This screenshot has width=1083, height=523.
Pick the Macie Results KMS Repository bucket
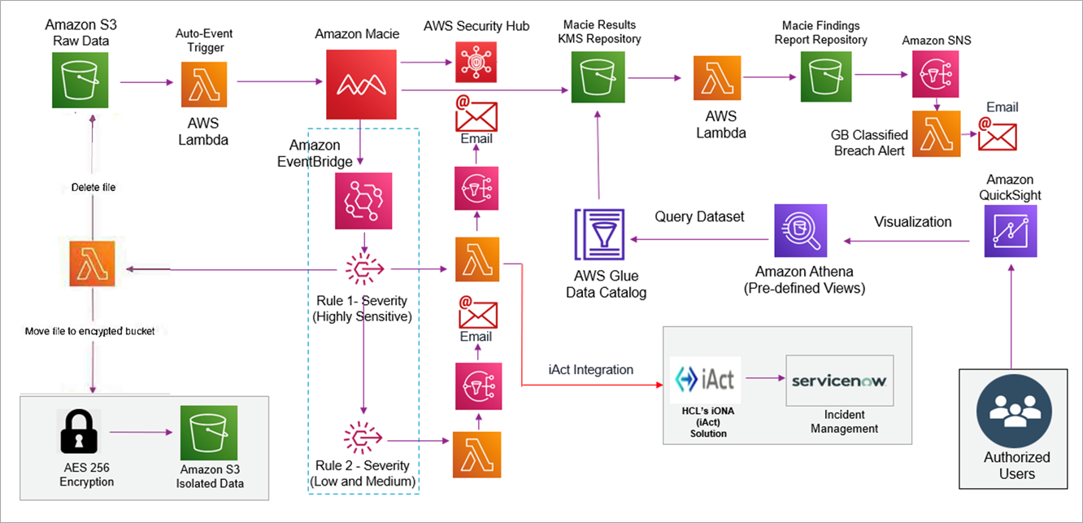pyautogui.click(x=598, y=78)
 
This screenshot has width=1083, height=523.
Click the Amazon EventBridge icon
pyautogui.click(x=363, y=200)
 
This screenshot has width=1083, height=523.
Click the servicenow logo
pyautogui.click(x=839, y=381)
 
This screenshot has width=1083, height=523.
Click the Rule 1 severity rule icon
pyautogui.click(x=363, y=267)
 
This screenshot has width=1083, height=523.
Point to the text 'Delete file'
pyautogui.click(x=88, y=187)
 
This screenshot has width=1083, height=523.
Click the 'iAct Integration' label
pyautogui.click(x=590, y=369)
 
